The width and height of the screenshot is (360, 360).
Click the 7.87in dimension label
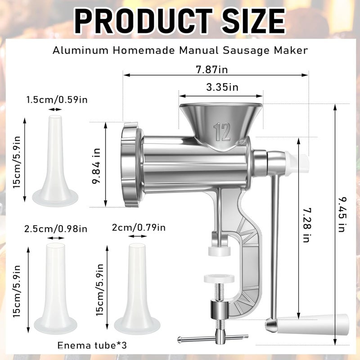coord(211,69)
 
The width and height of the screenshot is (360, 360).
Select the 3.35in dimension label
coord(222,87)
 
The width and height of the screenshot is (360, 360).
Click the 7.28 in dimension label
coord(306,225)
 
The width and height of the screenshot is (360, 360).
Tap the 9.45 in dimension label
coord(342,215)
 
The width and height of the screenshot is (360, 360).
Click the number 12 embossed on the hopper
coord(222,131)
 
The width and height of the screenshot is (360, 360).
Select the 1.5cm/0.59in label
coord(57,100)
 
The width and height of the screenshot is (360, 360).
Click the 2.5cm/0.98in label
coord(56,229)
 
